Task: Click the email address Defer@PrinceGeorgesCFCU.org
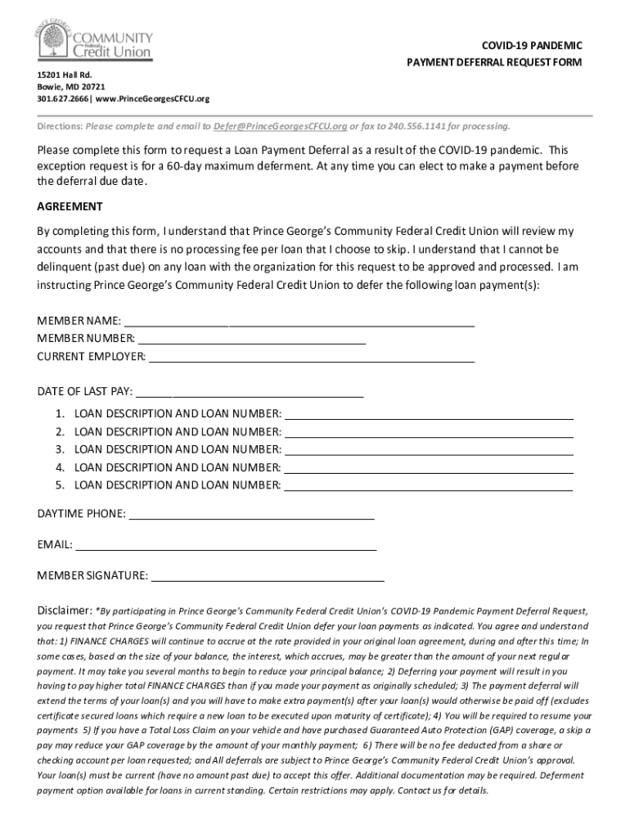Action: pos(280,127)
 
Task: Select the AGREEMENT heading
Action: pos(70,206)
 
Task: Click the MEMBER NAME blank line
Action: pos(299,324)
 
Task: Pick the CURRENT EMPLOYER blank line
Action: pos(312,360)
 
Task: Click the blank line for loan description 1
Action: pos(428,417)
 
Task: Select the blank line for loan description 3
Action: pos(428,453)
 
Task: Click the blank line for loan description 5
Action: pos(428,489)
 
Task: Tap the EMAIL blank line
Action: pos(226,548)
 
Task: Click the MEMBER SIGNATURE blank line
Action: pos(267,579)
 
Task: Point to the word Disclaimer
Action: pos(64,610)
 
